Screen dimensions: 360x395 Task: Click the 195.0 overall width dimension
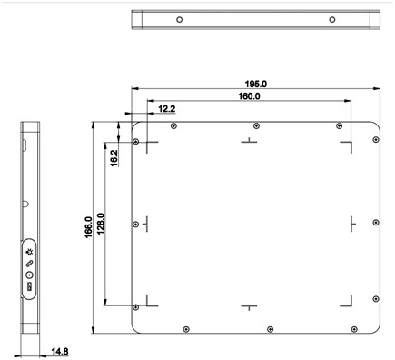(257, 83)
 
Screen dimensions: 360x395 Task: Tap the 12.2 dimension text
(167, 109)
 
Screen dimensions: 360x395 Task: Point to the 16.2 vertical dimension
(114, 156)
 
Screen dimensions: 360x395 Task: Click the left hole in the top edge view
(180, 20)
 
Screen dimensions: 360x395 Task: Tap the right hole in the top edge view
(333, 20)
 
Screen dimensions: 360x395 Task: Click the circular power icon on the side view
(29, 275)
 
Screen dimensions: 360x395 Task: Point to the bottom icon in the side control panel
(29, 286)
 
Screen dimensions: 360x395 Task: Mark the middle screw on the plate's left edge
(136, 223)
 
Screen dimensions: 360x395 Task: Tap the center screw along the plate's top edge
(257, 125)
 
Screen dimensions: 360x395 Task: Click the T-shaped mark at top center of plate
(247, 141)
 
